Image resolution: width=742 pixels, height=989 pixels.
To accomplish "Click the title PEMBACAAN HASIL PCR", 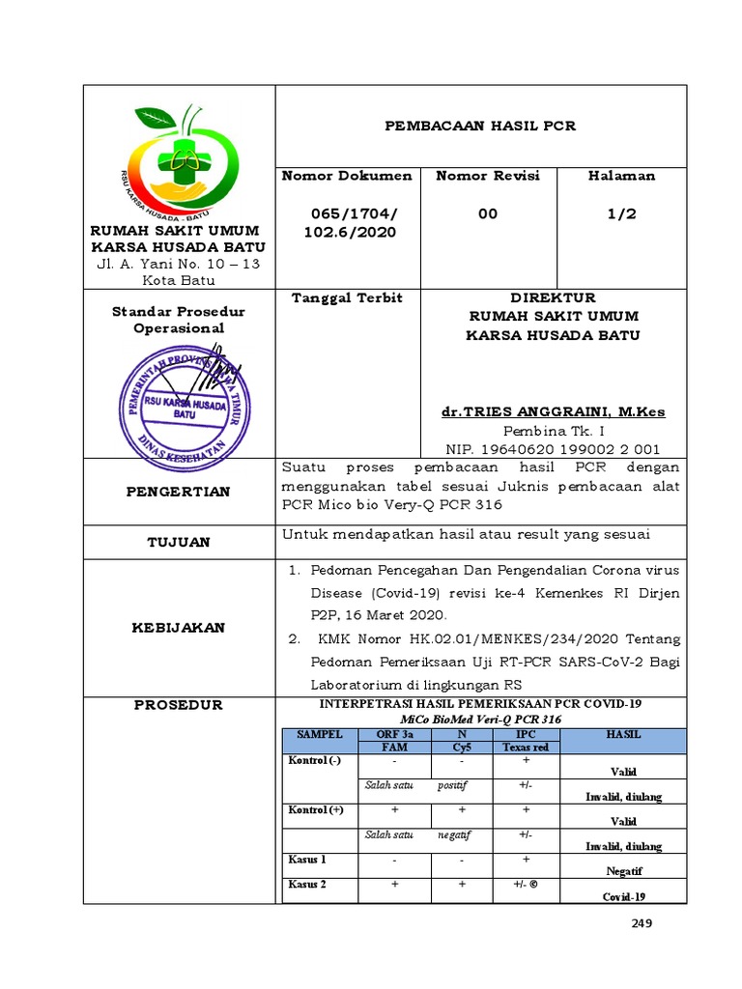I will click(x=481, y=126).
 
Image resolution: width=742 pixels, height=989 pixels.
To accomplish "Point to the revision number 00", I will click(x=488, y=213).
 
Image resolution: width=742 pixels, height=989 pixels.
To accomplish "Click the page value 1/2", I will click(x=621, y=213).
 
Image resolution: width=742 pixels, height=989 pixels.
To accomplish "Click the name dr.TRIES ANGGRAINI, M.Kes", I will click(x=553, y=411).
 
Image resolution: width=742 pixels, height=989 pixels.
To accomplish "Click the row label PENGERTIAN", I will click(x=179, y=492).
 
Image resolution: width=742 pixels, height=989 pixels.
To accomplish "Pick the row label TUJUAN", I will click(x=179, y=542).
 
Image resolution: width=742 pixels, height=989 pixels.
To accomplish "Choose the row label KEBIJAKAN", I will click(x=179, y=627).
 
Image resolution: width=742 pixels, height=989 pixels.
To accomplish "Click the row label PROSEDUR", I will click(x=179, y=705).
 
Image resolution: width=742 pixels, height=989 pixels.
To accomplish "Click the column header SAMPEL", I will click(x=319, y=735).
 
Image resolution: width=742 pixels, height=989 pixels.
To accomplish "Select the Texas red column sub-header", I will click(x=525, y=748).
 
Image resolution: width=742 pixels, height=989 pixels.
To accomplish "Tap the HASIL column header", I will click(x=623, y=735).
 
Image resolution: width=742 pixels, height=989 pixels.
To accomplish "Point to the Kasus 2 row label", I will click(x=308, y=884).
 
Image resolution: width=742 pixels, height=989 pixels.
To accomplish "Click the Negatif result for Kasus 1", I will click(x=623, y=870).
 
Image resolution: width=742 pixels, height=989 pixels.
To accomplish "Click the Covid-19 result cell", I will click(x=623, y=896).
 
